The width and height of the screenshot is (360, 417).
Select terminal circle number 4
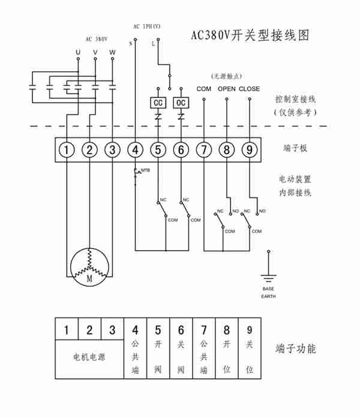pos(136,149)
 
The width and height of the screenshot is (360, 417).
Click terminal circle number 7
pos(204,149)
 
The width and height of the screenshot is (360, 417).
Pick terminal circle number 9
pos(249,149)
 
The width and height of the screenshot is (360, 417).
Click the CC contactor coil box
pos(158,103)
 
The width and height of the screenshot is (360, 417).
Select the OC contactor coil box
pos(181,103)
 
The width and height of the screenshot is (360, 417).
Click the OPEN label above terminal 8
pos(227,89)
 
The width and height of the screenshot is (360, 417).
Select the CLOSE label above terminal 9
pos(249,89)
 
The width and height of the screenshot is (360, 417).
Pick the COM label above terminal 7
pos(204,89)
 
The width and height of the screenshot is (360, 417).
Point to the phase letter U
pos(77,53)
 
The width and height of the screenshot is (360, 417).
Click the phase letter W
pos(112,53)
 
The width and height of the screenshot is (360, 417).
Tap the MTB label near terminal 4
pos(145,171)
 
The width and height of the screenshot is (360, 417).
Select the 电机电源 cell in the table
pos(89,358)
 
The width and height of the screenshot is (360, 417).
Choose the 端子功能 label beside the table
pos(295,349)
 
